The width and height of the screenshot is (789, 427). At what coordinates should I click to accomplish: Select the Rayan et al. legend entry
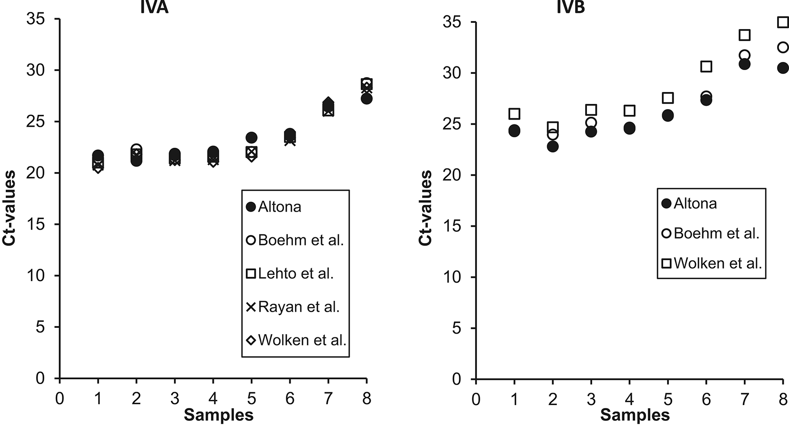point(293,307)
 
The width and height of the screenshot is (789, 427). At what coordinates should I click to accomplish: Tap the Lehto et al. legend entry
point(290,274)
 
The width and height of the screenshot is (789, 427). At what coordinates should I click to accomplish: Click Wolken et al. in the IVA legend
point(296,340)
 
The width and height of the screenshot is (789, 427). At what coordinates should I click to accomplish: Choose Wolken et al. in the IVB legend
point(712,263)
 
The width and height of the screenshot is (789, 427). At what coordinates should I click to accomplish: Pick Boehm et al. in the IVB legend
point(710,234)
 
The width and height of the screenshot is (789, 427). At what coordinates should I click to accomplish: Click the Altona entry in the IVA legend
point(274,207)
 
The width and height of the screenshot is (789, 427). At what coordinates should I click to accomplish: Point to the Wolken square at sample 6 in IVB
point(706,66)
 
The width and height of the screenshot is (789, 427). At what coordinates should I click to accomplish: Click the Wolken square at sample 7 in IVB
point(744,35)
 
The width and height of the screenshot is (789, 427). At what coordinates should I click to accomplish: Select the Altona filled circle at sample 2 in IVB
point(553,146)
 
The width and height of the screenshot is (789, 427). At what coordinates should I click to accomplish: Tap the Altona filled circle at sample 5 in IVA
point(252,138)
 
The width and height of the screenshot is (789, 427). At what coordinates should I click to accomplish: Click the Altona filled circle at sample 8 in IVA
point(366,99)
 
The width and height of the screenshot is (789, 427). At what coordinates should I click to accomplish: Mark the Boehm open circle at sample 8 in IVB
point(783,47)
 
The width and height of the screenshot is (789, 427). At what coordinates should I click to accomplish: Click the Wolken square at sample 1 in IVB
point(514,114)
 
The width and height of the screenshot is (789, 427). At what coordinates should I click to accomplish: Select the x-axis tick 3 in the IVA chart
point(175,398)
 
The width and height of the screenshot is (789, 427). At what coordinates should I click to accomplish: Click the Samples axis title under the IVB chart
point(635,415)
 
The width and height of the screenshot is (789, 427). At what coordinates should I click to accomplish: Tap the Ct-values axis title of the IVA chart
point(10,208)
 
